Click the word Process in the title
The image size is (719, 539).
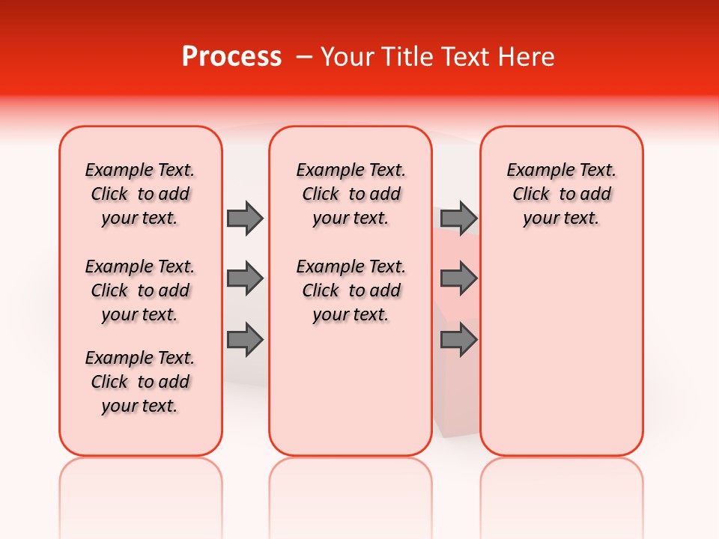(231, 57)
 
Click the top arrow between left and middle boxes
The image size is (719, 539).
(245, 218)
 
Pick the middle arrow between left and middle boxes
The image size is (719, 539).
(245, 278)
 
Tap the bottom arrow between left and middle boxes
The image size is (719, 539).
(245, 340)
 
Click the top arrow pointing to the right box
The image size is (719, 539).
(458, 218)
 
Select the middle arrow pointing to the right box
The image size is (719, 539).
(458, 278)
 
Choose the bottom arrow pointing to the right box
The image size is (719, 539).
(458, 340)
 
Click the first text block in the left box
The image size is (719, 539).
(140, 194)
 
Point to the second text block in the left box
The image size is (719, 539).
(140, 290)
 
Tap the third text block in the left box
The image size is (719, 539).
(140, 382)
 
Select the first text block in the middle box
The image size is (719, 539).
(351, 194)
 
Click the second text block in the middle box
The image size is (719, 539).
(351, 290)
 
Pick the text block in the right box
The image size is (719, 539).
(562, 194)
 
